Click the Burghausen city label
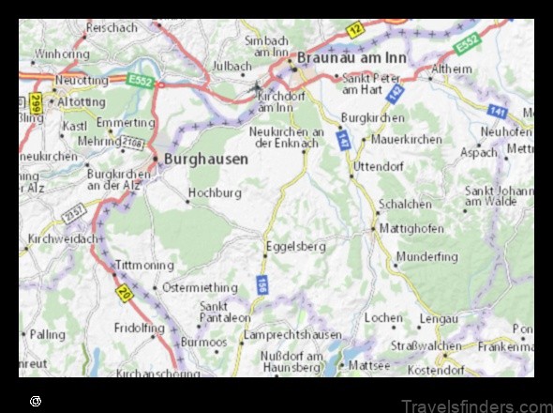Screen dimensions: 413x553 206,160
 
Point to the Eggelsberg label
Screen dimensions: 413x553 296,247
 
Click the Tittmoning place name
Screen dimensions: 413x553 143,267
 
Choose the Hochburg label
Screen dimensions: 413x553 216,193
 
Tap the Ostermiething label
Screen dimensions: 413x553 201,287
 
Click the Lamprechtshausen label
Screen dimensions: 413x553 291,335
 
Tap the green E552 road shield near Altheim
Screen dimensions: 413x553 467,43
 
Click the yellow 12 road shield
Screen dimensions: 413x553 354,30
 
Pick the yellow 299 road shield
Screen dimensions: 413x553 35,100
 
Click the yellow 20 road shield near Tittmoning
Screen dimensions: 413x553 123,294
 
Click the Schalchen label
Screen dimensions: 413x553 405,204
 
